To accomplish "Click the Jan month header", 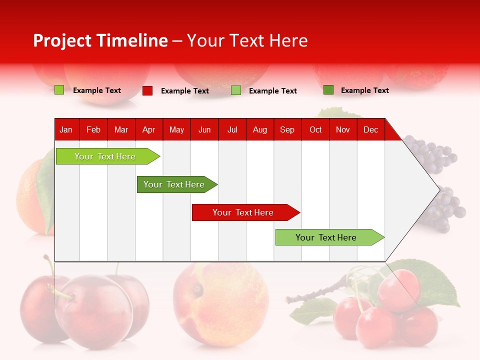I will tap(66, 129).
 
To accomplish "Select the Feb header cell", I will tap(93, 129).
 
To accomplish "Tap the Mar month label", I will tap(121, 129).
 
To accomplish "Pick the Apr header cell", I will tap(148, 129).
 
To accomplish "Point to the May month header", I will tap(176, 129).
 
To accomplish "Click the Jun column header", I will tap(204, 129).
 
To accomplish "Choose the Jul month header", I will tap(232, 129).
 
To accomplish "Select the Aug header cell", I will tap(260, 129).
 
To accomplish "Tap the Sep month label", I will tap(287, 129).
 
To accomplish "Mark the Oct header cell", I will tap(315, 129).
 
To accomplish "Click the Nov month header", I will tap(343, 129).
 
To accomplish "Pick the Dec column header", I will tap(370, 129).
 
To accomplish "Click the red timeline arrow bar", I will tap(243, 212).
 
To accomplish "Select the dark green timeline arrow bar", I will tap(174, 184).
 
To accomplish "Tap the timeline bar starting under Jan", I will tap(105, 156).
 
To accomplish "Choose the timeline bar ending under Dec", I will tap(326, 237).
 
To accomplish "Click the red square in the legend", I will tap(147, 90).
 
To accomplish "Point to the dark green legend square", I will tap(328, 90).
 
